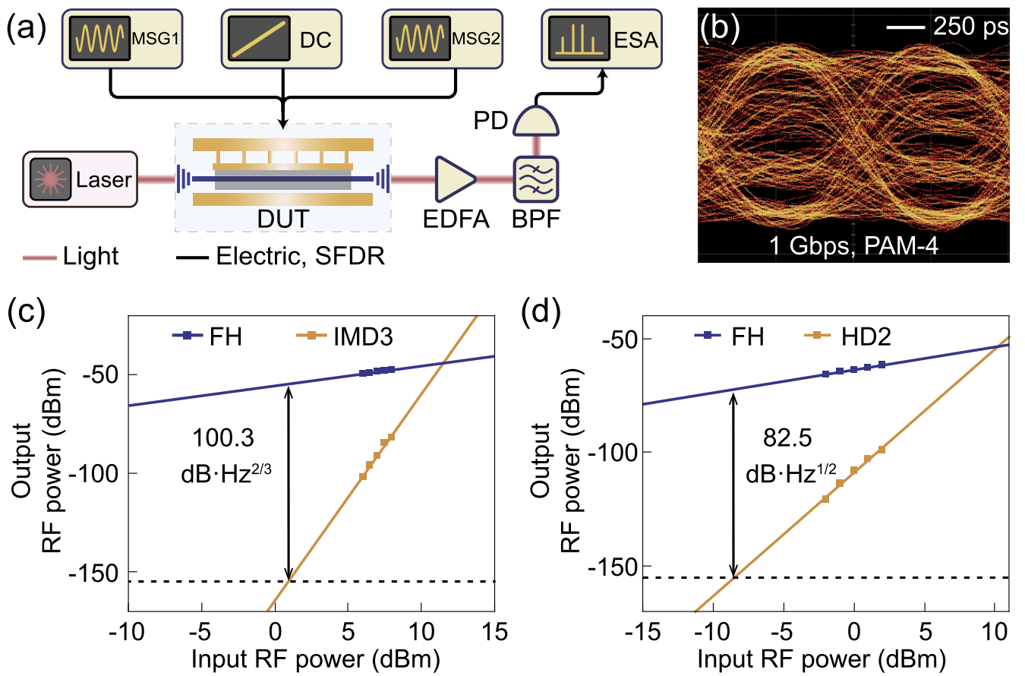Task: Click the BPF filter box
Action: point(537,180)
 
